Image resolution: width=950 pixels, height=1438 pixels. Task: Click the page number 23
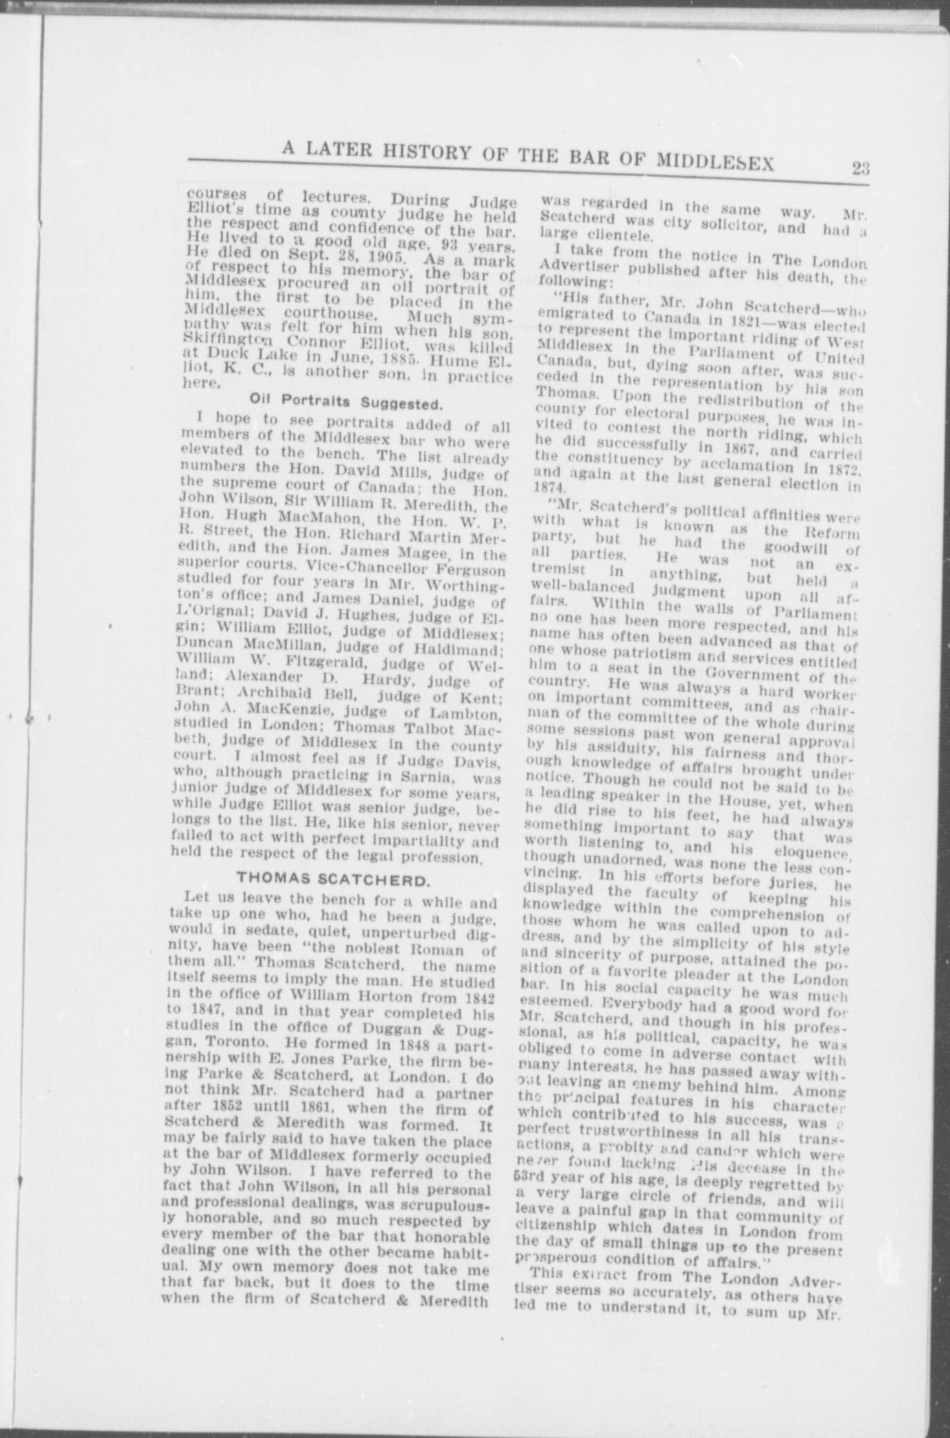click(x=859, y=168)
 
